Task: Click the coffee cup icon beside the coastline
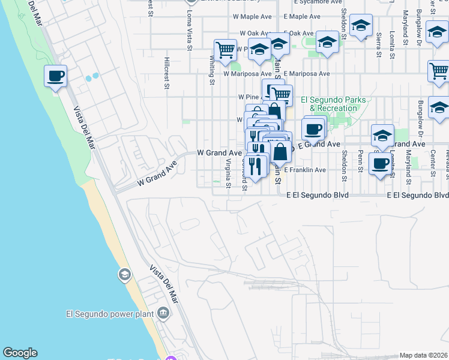point(55,76)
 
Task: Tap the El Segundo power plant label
point(110,313)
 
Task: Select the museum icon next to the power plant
point(163,313)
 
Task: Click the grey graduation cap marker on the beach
point(124,275)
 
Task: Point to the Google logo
point(20,353)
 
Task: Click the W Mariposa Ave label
point(243,74)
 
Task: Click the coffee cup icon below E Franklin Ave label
point(380,163)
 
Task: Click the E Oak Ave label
point(298,33)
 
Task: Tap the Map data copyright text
point(423,355)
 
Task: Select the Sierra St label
point(378,44)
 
